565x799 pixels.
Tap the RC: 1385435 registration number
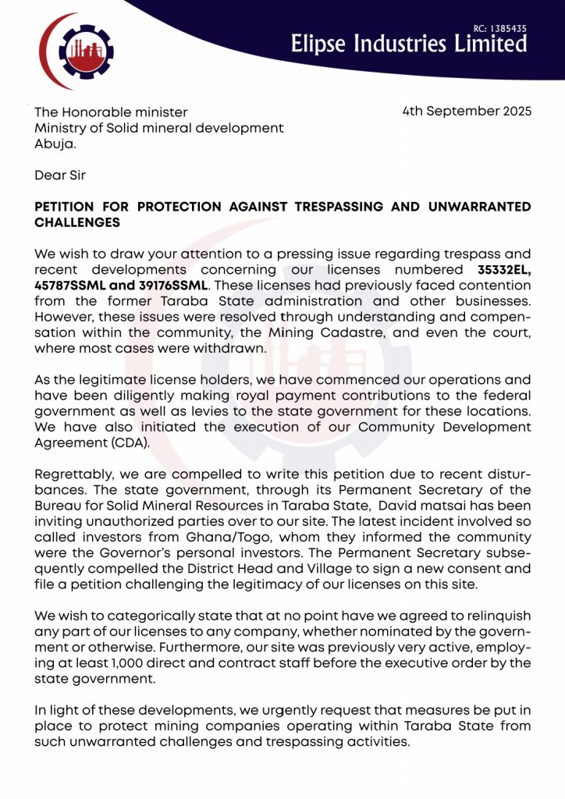500,29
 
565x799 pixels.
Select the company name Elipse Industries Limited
408,44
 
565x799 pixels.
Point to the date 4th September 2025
467,112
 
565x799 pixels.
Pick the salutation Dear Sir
61,175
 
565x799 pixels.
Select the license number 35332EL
504,270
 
